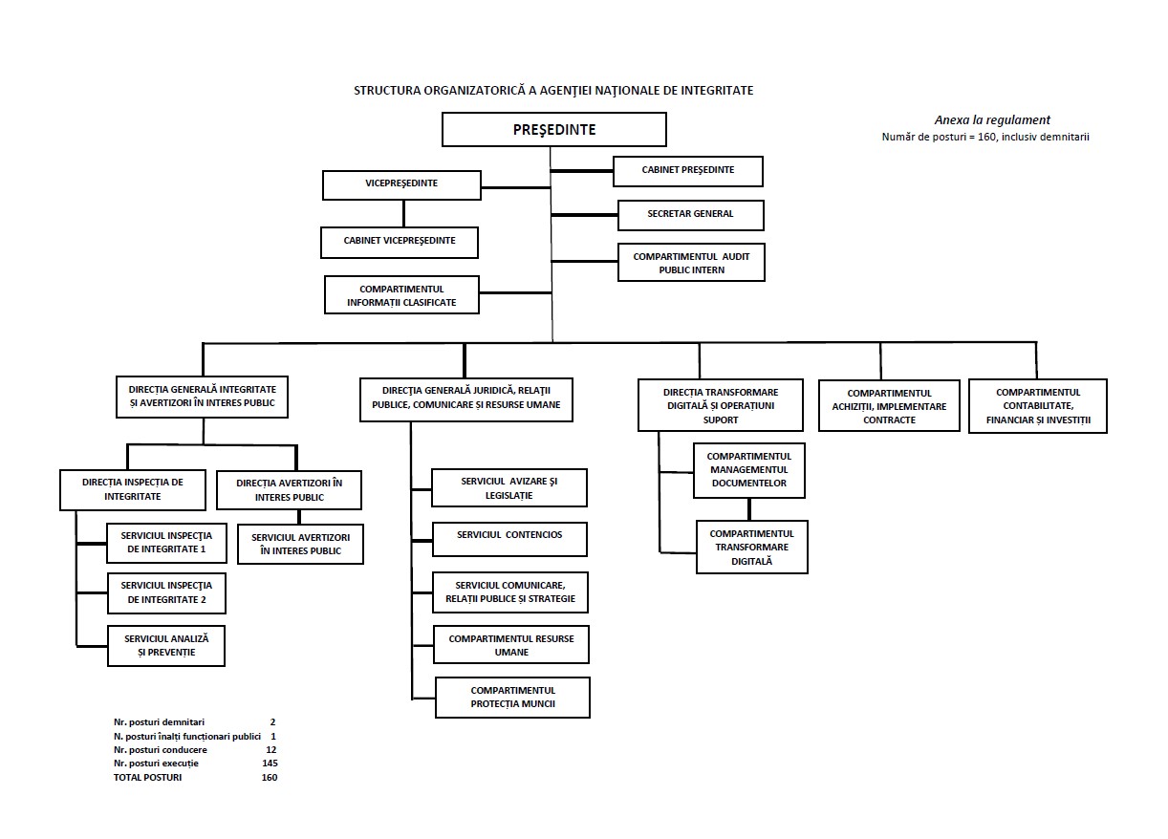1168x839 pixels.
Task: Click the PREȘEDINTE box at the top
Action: tap(554, 129)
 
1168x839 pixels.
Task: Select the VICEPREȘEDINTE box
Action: tap(401, 184)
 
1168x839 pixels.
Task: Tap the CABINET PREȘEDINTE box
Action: tap(687, 171)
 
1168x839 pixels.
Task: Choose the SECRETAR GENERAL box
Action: tap(690, 215)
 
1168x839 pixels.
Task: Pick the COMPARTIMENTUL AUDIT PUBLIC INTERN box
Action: tap(691, 263)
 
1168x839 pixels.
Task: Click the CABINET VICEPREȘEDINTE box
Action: tap(400, 242)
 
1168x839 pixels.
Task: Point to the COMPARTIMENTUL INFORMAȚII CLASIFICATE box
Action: tap(401, 295)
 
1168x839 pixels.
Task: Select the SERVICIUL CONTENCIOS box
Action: tap(509, 538)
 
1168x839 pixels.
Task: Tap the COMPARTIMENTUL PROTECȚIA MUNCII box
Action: tap(512, 698)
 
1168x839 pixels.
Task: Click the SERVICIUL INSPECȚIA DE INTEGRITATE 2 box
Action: tap(165, 593)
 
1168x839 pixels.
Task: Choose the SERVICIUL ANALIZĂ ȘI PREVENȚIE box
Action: tap(165, 645)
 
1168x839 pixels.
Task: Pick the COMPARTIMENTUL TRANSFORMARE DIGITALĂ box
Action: tap(751, 547)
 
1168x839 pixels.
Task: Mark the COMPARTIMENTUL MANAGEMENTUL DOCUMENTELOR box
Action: tap(748, 470)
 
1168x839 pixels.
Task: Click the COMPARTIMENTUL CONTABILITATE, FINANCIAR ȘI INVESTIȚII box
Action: tap(1037, 406)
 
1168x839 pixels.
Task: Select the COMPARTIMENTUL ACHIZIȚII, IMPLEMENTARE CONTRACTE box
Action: tap(889, 406)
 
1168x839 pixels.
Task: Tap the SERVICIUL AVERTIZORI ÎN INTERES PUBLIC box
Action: tap(300, 544)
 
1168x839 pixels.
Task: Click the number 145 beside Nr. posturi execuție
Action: tap(270, 764)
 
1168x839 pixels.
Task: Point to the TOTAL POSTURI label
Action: tap(147, 778)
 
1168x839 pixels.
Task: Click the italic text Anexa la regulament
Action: tap(991, 120)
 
